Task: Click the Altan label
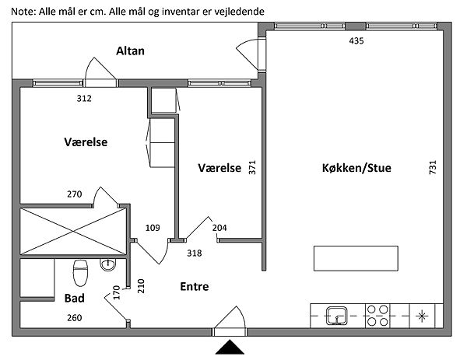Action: (x=131, y=51)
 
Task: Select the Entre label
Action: (x=195, y=286)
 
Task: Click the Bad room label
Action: (x=75, y=298)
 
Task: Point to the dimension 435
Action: (x=356, y=40)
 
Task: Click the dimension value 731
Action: (x=433, y=167)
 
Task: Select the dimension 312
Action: (x=84, y=99)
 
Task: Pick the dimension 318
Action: (x=195, y=253)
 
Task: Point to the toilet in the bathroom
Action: (x=79, y=274)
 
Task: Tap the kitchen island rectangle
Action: (x=356, y=257)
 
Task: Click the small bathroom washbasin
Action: (x=107, y=266)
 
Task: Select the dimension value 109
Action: (x=153, y=228)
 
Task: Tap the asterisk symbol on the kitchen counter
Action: (x=422, y=316)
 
